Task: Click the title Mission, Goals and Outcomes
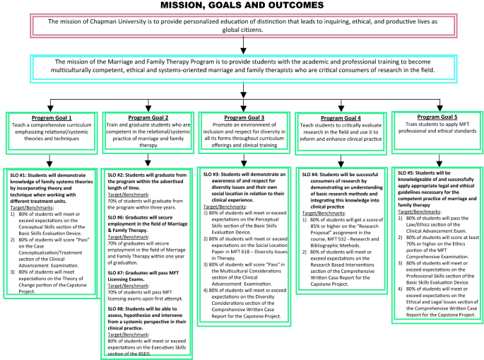coord(242,6)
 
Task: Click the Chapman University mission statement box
coord(242,25)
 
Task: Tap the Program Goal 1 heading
coord(50,117)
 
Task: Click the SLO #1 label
coord(20,173)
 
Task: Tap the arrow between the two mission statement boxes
coord(242,46)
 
